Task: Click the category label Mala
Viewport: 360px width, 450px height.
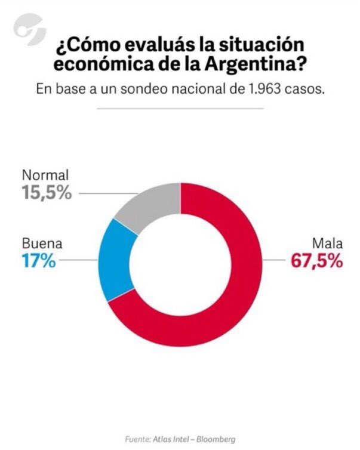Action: click(328, 244)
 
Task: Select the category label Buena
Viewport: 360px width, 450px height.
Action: click(42, 244)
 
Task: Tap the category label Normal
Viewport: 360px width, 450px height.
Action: click(45, 176)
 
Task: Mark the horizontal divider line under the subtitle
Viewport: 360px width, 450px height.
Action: click(180, 109)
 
